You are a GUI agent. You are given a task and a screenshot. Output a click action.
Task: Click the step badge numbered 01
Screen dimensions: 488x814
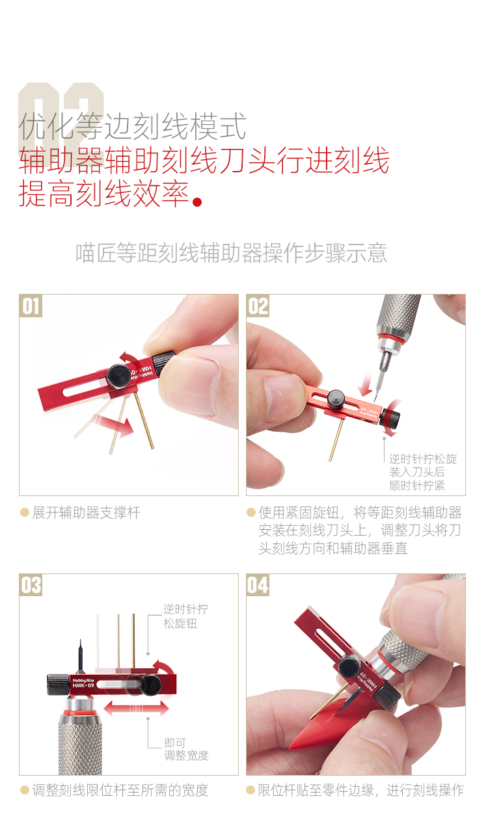[x=31, y=306]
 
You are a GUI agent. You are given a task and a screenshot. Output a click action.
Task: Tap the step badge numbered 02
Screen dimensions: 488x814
[x=258, y=306]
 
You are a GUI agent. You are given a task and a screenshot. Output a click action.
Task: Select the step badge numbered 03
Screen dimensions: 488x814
[x=31, y=585]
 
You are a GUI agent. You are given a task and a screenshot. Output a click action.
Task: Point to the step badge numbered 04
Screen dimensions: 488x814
[x=258, y=585]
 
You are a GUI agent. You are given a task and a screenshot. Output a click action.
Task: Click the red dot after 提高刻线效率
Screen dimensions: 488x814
[x=197, y=202]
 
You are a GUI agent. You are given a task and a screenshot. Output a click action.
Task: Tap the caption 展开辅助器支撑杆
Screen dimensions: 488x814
[x=86, y=513]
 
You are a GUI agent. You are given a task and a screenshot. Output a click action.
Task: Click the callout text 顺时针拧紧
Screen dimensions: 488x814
[x=417, y=486]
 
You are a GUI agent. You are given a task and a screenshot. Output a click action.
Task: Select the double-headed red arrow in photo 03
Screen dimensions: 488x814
[x=137, y=709]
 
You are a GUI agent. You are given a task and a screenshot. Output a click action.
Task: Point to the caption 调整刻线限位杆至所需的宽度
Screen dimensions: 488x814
[x=120, y=791]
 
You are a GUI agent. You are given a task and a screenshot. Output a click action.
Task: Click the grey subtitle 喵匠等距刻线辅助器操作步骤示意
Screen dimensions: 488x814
[x=231, y=253]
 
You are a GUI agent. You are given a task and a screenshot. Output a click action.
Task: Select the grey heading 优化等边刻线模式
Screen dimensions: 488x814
[x=133, y=126]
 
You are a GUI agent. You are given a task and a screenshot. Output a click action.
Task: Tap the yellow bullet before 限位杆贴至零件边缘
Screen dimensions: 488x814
[x=251, y=790]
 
